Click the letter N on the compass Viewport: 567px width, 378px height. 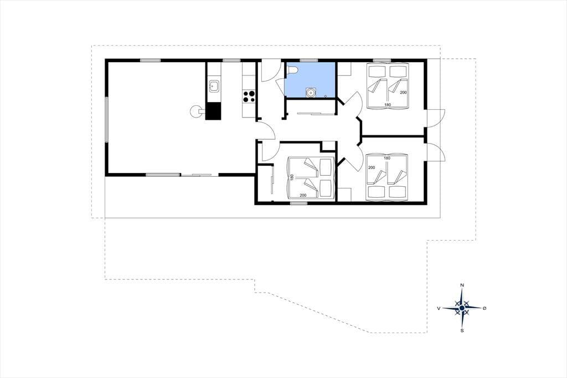click(462, 285)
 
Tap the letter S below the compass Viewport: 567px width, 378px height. click(462, 330)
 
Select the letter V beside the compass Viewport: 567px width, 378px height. click(439, 308)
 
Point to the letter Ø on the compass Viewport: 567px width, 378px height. click(484, 308)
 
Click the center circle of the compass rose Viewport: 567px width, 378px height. click(462, 308)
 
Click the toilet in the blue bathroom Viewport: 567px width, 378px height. click(291, 70)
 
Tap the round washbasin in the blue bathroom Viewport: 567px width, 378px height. click(310, 93)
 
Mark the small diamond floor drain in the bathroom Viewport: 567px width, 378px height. click(326, 96)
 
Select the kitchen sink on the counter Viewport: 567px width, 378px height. click(213, 86)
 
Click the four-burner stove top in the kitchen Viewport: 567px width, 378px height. click(249, 96)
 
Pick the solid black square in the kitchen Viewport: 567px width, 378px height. click(213, 111)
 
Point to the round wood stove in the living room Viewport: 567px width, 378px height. click(197, 111)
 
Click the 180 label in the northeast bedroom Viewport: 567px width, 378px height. click(388, 105)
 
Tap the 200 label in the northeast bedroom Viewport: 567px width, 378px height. click(403, 93)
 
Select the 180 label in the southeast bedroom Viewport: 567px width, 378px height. click(387, 158)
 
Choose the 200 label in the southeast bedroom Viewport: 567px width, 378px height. click(372, 167)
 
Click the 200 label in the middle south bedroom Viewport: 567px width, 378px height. click(303, 195)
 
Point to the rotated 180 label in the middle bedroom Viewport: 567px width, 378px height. click(292, 178)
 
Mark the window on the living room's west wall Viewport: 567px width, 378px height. click(107, 119)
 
